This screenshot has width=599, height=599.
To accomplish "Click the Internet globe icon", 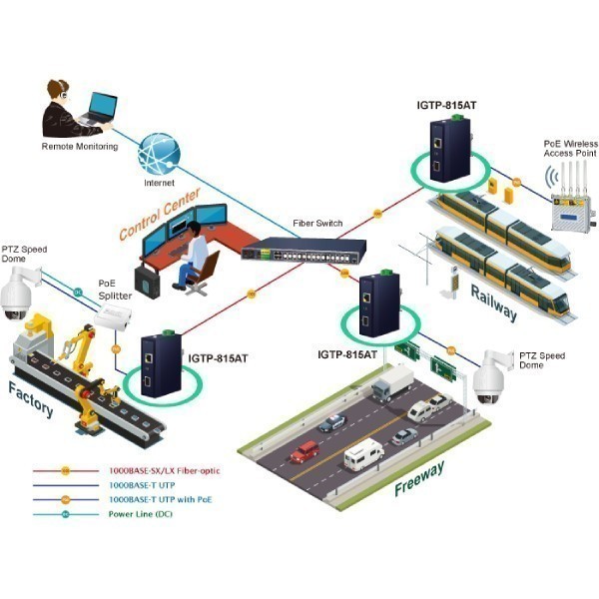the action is pyautogui.click(x=159, y=154).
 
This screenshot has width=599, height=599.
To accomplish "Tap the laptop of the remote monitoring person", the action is pyautogui.click(x=99, y=109).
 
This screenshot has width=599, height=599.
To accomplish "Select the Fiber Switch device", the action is pyautogui.click(x=303, y=251).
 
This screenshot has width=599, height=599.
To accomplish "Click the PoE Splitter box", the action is pyautogui.click(x=113, y=316).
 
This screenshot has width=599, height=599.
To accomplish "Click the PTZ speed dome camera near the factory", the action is pyautogui.click(x=19, y=293).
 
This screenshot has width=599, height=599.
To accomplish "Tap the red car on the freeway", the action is pyautogui.click(x=304, y=452).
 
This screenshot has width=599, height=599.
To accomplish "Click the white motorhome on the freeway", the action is pyautogui.click(x=363, y=454).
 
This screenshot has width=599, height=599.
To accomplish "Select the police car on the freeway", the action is pyautogui.click(x=332, y=423).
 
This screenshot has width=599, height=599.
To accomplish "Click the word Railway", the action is pyautogui.click(x=494, y=302).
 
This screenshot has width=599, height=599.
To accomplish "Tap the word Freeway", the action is pyautogui.click(x=419, y=478).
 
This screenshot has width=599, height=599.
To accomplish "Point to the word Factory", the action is pyautogui.click(x=31, y=400).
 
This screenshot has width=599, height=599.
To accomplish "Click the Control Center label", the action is pyautogui.click(x=160, y=214).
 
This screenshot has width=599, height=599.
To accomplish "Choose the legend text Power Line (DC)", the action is pyautogui.click(x=140, y=514).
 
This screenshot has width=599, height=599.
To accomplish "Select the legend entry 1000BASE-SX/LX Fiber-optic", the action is pyautogui.click(x=165, y=470).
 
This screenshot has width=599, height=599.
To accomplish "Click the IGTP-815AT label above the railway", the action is pyautogui.click(x=446, y=105).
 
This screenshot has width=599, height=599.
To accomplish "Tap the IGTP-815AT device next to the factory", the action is pyautogui.click(x=161, y=364).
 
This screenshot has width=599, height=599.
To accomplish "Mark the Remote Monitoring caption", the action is pyautogui.click(x=80, y=147).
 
